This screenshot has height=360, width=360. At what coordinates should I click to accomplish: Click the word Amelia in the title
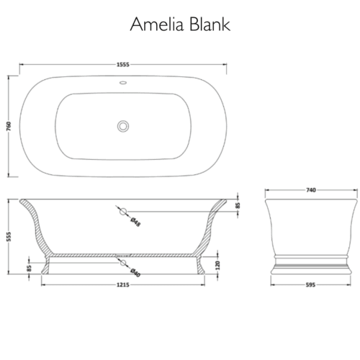click(157, 24)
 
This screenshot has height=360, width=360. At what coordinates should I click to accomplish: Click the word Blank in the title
click(210, 24)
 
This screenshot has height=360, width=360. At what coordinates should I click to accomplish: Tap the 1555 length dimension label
click(123, 65)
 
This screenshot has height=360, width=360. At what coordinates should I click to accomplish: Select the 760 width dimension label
click(9, 126)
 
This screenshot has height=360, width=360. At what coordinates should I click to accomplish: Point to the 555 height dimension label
click(9, 237)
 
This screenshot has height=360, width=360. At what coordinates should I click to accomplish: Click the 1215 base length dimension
click(123, 285)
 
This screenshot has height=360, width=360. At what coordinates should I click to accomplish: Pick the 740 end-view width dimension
click(311, 190)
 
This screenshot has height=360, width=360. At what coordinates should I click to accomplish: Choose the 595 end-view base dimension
click(310, 285)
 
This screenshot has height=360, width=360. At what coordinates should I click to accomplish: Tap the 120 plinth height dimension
click(217, 266)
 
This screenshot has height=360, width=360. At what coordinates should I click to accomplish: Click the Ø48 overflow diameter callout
click(135, 222)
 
